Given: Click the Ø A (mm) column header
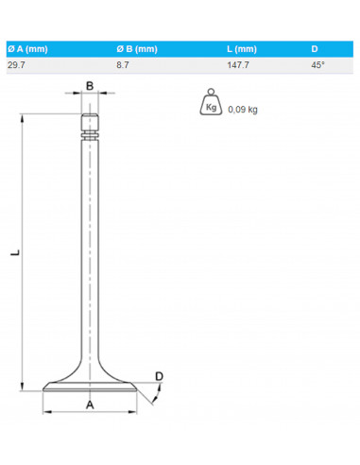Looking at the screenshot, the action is point(27,49).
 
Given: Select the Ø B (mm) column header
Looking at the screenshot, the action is point(137,49).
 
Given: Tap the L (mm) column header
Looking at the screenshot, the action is point(242,49).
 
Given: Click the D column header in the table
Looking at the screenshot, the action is point(315,49).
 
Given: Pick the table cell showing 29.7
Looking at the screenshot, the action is point(16,65).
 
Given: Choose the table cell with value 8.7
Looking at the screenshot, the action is point(123,65).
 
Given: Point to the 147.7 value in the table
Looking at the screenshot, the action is point(238,65).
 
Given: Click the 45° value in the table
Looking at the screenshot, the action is point(317,65).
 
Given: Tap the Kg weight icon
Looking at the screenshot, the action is point(211,102).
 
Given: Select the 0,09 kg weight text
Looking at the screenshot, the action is point(243,110).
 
